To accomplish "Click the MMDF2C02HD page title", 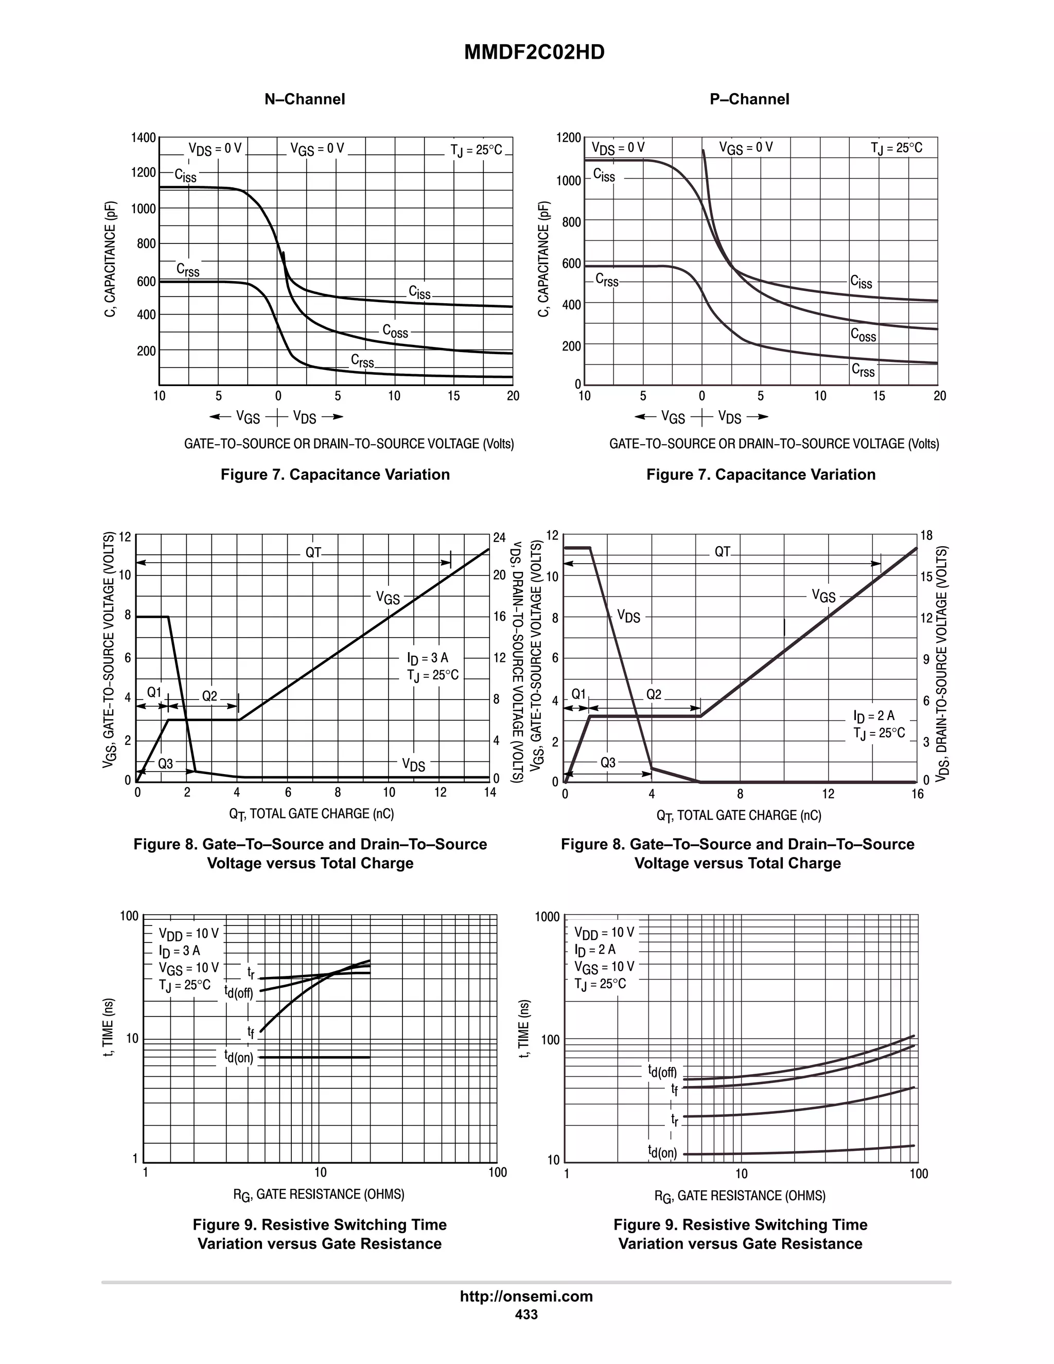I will pyautogui.click(x=534, y=53).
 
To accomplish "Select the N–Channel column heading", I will pyautogui.click(x=305, y=99).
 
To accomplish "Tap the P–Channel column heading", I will pyautogui.click(x=749, y=99).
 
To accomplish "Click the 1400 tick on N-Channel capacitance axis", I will pyautogui.click(x=143, y=137).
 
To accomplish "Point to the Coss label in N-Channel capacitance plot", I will pyautogui.click(x=395, y=331).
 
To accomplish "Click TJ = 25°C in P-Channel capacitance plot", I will pyautogui.click(x=896, y=148).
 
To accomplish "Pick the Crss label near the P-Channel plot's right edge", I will pyautogui.click(x=863, y=371).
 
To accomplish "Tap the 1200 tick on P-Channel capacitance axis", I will pyautogui.click(x=568, y=137).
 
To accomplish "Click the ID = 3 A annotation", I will pyautogui.click(x=427, y=658).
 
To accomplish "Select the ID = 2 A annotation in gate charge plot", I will pyautogui.click(x=873, y=716).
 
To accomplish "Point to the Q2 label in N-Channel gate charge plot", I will pyautogui.click(x=210, y=696).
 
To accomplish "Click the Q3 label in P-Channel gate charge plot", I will pyautogui.click(x=608, y=763).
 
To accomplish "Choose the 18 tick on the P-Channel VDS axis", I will pyautogui.click(x=926, y=536).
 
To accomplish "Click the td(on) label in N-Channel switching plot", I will pyautogui.click(x=239, y=1057).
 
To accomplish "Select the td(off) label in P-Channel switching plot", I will pyautogui.click(x=662, y=1072).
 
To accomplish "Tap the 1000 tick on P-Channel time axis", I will pyautogui.click(x=548, y=917).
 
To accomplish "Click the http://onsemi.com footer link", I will pyautogui.click(x=526, y=1296).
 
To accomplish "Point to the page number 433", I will pyautogui.click(x=526, y=1314).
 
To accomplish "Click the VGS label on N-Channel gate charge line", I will pyautogui.click(x=387, y=598).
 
